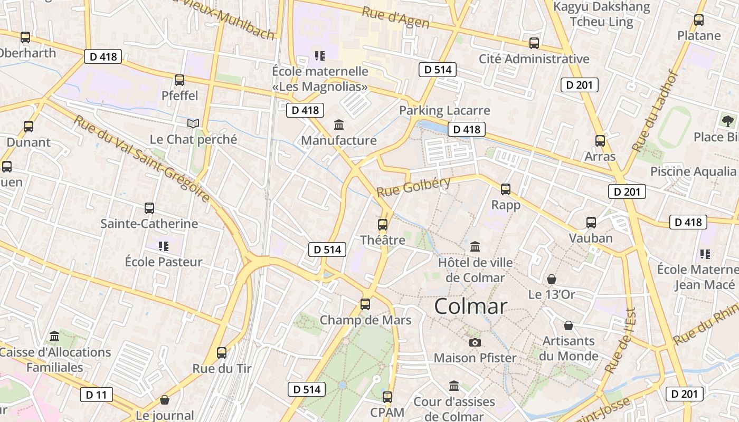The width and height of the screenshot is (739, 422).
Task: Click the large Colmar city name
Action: [471, 306]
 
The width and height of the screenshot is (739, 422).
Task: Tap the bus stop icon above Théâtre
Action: [383, 225]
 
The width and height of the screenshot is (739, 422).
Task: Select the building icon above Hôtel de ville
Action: [475, 246]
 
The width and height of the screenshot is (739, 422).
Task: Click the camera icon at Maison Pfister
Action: [475, 342]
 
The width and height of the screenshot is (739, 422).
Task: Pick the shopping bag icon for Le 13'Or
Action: [552, 279]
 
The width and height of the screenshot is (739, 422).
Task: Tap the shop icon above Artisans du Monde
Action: [569, 325]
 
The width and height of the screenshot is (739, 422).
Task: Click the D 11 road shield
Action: [97, 395]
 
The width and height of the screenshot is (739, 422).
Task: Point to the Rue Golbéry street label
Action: [414, 187]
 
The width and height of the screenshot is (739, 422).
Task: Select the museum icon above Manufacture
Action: [339, 125]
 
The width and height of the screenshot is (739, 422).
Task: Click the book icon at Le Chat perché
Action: [194, 123]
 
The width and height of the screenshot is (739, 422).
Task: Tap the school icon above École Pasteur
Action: [164, 246]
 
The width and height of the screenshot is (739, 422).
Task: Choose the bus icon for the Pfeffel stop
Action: [179, 80]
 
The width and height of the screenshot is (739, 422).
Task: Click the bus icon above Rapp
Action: [506, 189]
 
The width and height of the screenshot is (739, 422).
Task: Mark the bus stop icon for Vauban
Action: [591, 223]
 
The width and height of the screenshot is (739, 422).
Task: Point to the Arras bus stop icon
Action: [600, 140]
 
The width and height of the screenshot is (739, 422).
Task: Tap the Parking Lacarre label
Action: [444, 111]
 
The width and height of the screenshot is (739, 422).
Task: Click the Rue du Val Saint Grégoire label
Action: [141, 158]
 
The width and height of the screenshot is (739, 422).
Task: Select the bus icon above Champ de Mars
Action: [365, 304]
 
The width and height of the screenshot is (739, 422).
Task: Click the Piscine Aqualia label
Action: [693, 171]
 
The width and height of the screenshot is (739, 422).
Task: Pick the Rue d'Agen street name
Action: [395, 18]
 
